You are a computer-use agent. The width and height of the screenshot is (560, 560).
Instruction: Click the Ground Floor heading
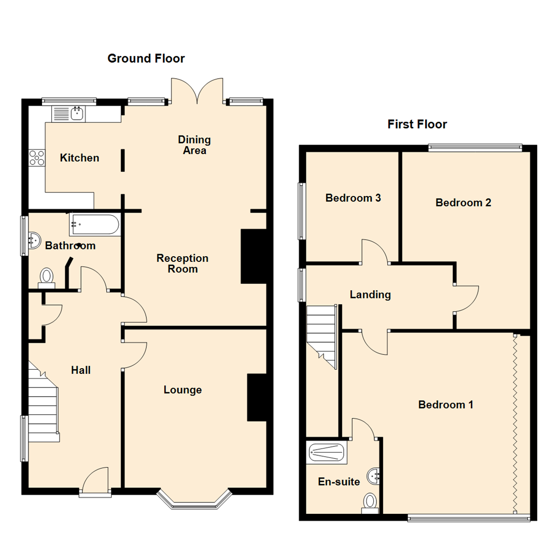146,58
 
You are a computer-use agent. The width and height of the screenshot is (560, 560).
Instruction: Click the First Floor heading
417,124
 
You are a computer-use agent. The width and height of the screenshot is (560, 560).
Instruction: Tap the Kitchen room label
79,158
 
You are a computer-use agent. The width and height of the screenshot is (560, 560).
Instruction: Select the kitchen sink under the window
77,113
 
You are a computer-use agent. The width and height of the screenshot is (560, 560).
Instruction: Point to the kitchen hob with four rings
37,158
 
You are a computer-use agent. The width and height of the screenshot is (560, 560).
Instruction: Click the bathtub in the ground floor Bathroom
94,225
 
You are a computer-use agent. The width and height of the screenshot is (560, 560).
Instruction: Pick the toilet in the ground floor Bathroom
47,277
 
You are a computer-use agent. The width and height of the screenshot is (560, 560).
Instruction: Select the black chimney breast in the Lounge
256,397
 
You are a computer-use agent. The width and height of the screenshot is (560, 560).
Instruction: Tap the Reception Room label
183,263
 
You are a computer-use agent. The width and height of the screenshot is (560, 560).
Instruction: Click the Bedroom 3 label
353,198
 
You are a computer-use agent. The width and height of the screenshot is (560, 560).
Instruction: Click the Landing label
370,295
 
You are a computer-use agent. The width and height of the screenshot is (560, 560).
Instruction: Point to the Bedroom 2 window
474,148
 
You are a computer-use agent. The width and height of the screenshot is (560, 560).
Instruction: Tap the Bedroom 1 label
445,404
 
